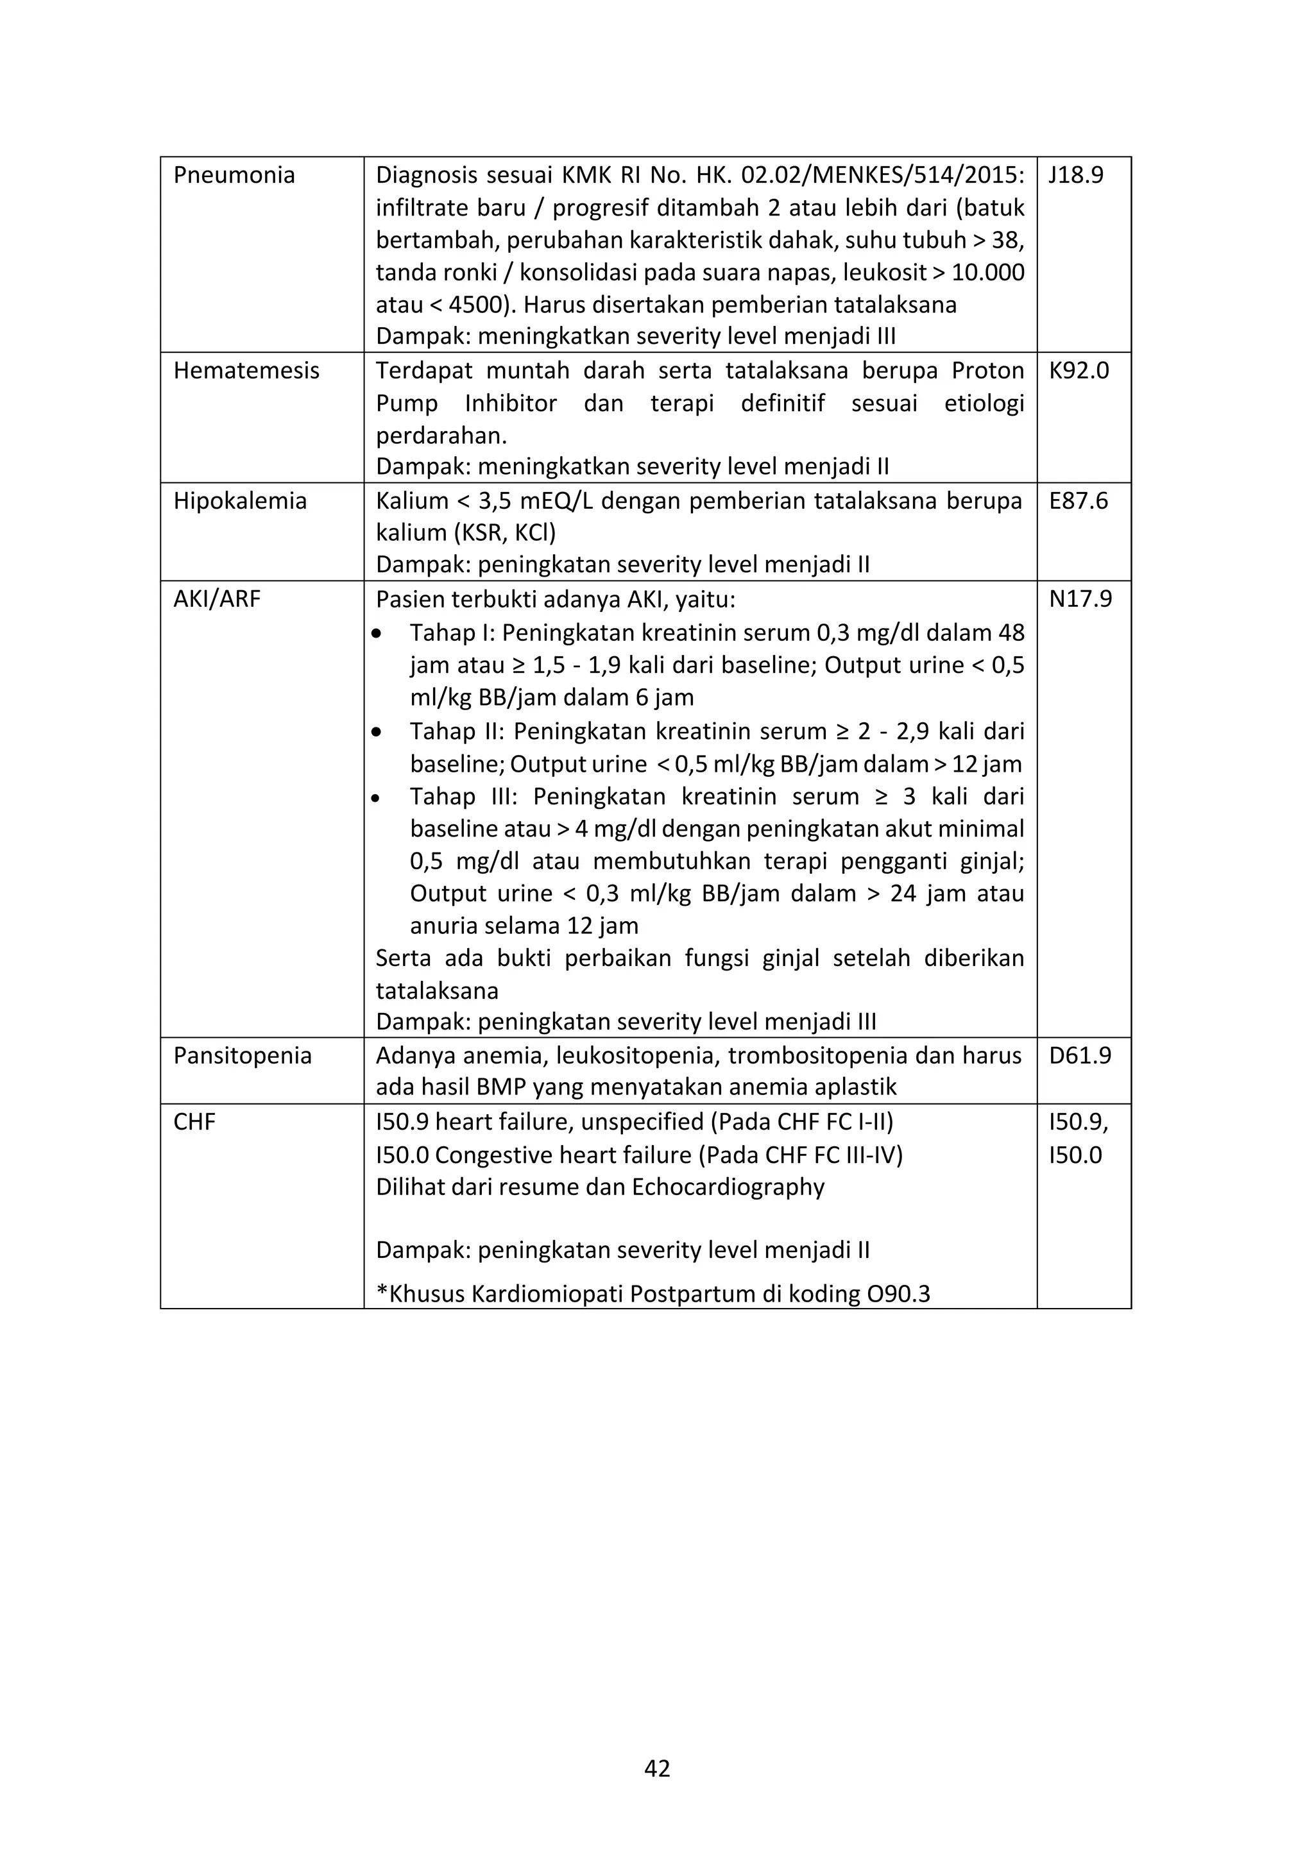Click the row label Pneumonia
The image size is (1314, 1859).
click(x=234, y=176)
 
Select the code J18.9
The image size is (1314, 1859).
click(x=1076, y=176)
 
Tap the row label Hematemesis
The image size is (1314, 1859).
click(x=246, y=371)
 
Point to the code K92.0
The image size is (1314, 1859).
click(x=1079, y=371)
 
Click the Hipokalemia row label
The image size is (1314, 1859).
click(x=240, y=501)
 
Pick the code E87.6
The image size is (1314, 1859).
click(x=1079, y=501)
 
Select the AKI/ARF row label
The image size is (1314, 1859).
click(x=216, y=599)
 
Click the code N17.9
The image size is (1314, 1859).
click(x=1080, y=599)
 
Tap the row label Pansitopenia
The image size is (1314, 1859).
click(x=242, y=1056)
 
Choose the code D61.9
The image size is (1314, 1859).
click(x=1080, y=1056)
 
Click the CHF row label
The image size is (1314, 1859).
click(x=194, y=1122)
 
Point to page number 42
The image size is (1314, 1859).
click(x=656, y=1769)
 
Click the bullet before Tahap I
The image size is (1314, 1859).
click(x=377, y=634)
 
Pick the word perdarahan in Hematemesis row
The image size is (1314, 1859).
click(x=440, y=436)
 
